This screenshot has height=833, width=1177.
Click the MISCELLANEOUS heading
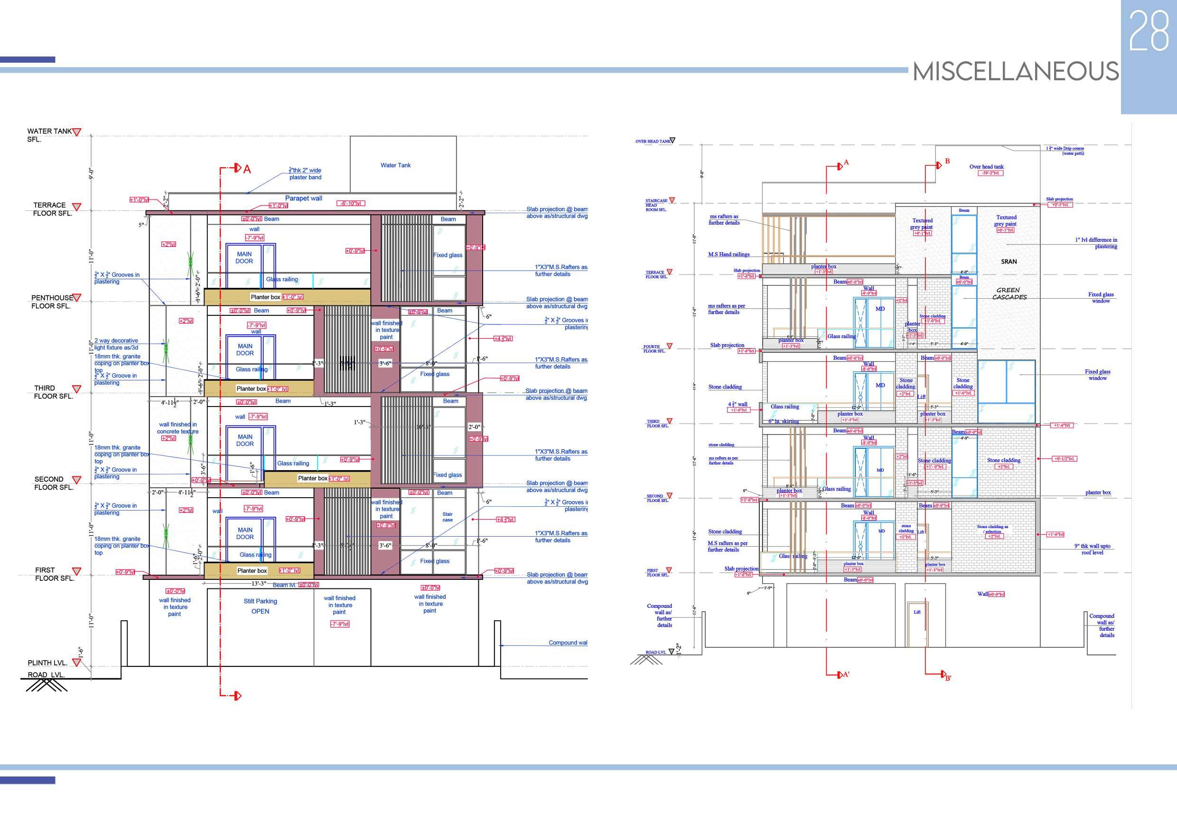(1016, 71)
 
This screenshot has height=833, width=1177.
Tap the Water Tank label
(395, 165)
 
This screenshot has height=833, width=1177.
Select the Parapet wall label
(303, 199)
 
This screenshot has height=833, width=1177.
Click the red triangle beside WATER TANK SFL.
(76, 133)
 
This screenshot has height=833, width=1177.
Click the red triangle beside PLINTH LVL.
(76, 662)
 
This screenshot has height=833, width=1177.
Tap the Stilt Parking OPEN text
(260, 606)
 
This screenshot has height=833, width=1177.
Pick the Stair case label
(448, 517)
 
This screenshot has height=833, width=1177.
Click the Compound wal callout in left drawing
(568, 643)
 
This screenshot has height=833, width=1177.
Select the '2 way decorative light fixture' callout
(116, 344)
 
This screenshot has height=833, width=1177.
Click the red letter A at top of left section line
(247, 169)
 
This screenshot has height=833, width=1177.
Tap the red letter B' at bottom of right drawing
(948, 678)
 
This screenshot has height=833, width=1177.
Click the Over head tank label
(986, 167)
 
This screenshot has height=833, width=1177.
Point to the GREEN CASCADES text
(1009, 293)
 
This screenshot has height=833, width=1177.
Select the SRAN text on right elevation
(1009, 262)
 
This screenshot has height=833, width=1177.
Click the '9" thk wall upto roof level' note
(1092, 549)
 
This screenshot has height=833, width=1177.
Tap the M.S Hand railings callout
(729, 255)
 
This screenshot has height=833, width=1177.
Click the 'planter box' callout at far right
(1098, 492)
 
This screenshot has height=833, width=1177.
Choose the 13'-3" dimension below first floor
(258, 584)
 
